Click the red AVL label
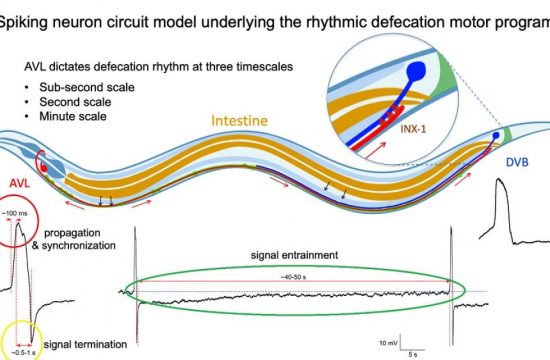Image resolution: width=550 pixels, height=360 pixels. (x=21, y=184)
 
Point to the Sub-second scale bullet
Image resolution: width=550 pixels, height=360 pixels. (x=72, y=87)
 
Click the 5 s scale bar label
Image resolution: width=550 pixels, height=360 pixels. (x=411, y=352)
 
